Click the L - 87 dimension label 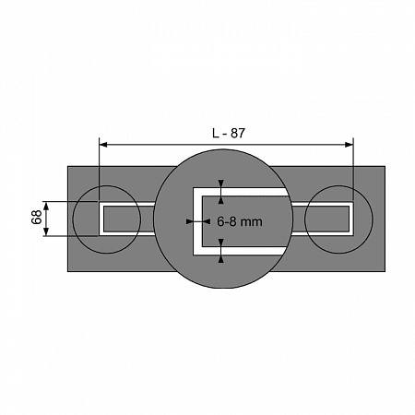pyautogui.click(x=229, y=133)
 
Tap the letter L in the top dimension pyautogui.click(x=216, y=133)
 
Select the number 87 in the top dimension pyautogui.click(x=238, y=133)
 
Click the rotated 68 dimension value pyautogui.click(x=37, y=217)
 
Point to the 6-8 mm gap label pyautogui.click(x=240, y=221)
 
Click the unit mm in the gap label pyautogui.click(x=252, y=222)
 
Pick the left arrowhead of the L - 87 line pyautogui.click(x=103, y=145)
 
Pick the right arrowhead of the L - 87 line pyautogui.click(x=350, y=145)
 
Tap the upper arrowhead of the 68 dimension pyautogui.click(x=46, y=206)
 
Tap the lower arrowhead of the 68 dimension pyautogui.click(x=46, y=231)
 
